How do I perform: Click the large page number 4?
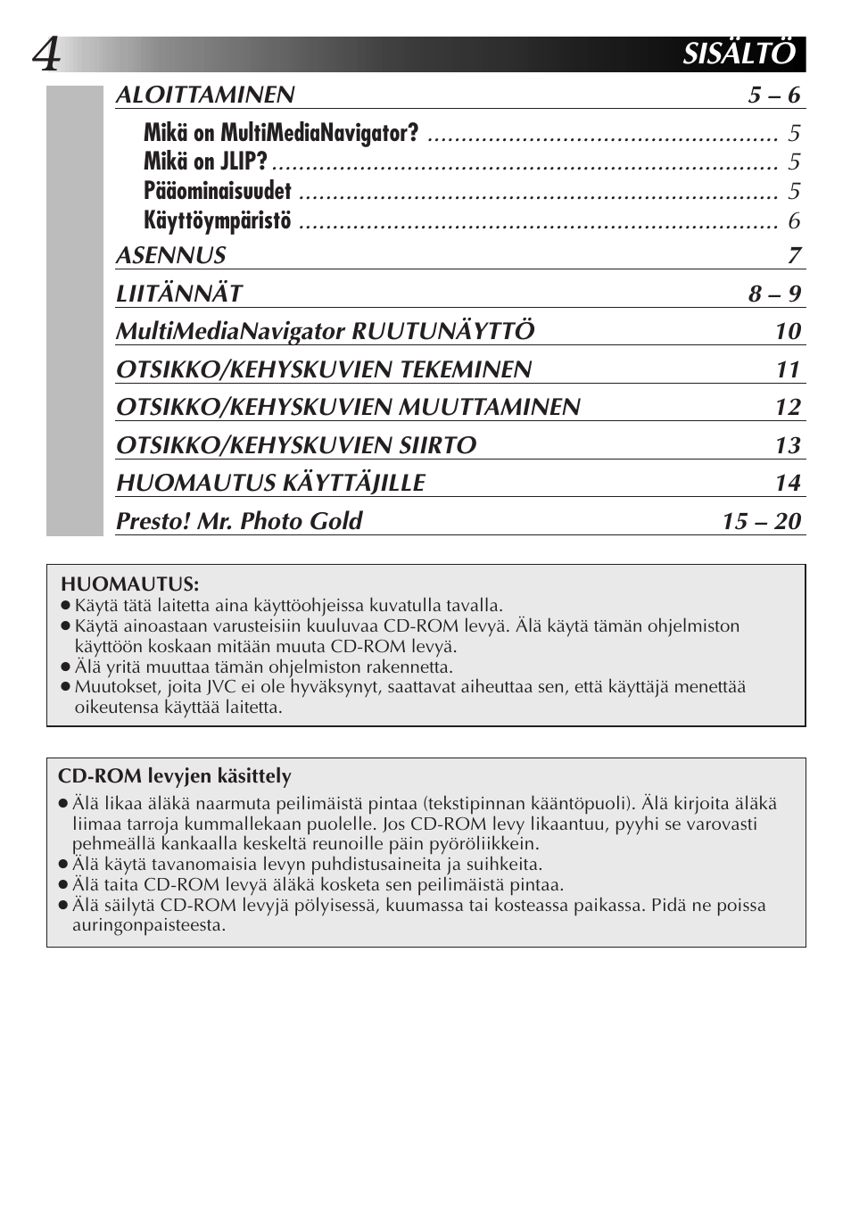(46, 55)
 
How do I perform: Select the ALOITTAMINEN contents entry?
(205, 95)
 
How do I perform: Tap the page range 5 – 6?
(774, 95)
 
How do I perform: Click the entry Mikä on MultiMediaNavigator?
(280, 134)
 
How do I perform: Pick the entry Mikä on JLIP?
(205, 162)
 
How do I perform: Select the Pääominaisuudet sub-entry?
(218, 192)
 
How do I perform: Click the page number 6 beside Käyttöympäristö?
(794, 220)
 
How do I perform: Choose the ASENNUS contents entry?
(171, 256)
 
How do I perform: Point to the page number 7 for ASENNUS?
(794, 256)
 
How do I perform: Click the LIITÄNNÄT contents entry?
(179, 294)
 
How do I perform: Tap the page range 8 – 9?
(774, 294)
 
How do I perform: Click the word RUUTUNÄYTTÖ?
(443, 332)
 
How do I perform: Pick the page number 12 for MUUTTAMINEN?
(788, 408)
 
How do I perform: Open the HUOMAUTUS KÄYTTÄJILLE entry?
(270, 484)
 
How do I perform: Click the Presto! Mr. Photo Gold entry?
(239, 521)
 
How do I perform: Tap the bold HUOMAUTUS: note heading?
(129, 585)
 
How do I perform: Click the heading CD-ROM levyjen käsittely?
(175, 777)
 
